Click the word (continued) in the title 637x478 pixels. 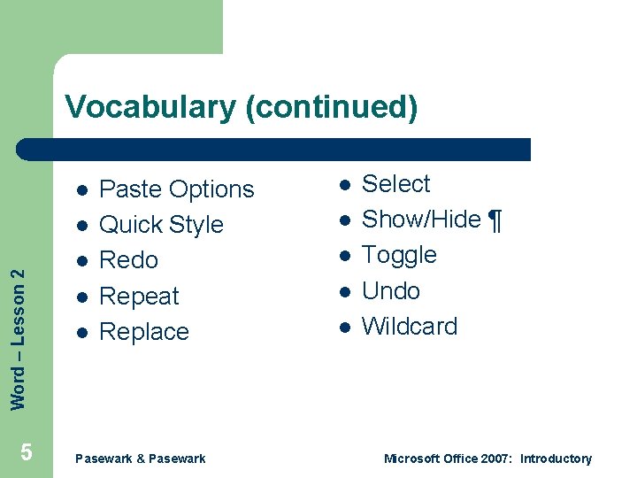click(x=331, y=107)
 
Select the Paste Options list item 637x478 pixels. click(x=176, y=189)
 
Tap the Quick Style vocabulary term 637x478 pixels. click(x=161, y=225)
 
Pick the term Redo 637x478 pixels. click(x=128, y=260)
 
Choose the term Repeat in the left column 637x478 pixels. click(x=139, y=297)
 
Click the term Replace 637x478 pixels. click(x=144, y=332)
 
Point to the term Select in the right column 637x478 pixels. click(x=395, y=184)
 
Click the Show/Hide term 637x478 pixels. click(x=421, y=220)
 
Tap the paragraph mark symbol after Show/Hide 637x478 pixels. click(x=495, y=220)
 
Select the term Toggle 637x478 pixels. click(x=399, y=255)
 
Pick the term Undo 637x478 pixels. click(x=391, y=291)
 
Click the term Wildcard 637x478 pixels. click(x=410, y=327)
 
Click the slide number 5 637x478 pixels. click(x=27, y=453)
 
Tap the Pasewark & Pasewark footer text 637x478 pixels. click(x=141, y=459)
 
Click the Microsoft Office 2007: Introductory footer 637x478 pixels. click(x=487, y=459)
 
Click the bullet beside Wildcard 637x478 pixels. click(x=344, y=328)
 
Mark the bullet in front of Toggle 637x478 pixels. click(x=344, y=256)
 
